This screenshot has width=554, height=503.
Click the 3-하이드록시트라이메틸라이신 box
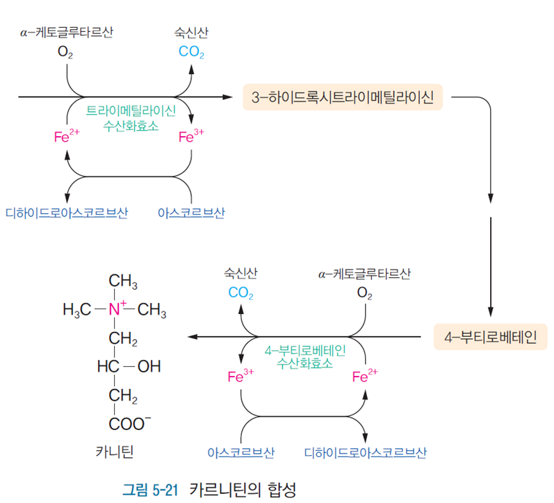[x=342, y=97]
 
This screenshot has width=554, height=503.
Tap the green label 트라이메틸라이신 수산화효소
[x=131, y=117]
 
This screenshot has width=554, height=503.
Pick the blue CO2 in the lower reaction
[x=241, y=293]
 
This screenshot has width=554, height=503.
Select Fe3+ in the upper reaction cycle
[x=191, y=137]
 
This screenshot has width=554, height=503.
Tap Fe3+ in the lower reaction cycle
[x=241, y=377]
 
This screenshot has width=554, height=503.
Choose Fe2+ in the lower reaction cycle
[x=365, y=377]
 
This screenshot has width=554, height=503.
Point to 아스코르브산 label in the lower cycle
[x=241, y=452]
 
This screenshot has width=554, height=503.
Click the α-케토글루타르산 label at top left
[x=67, y=32]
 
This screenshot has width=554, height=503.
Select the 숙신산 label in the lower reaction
[x=241, y=273]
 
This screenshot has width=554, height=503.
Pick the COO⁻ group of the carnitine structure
[x=130, y=422]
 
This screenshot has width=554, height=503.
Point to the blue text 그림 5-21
[x=151, y=488]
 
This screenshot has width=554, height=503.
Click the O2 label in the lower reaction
[x=365, y=293]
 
